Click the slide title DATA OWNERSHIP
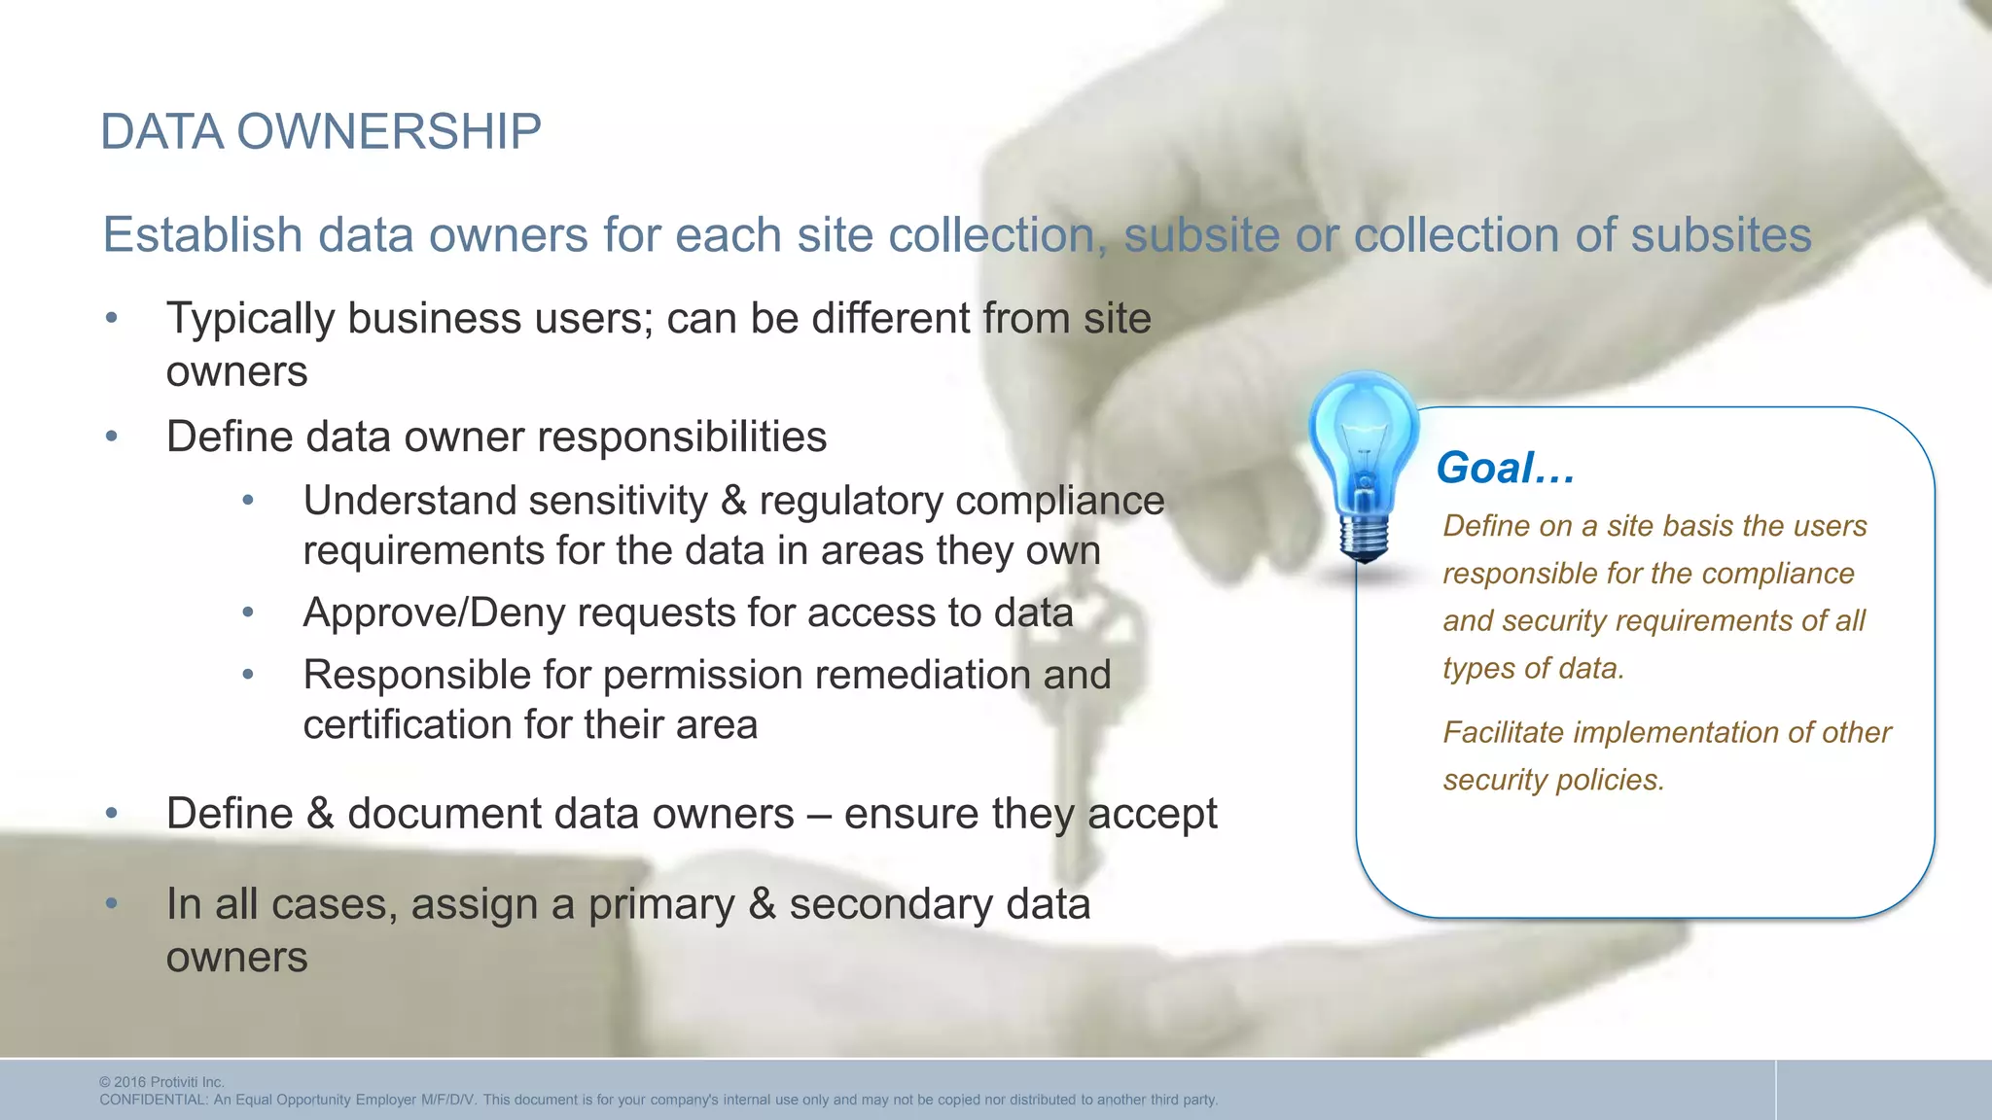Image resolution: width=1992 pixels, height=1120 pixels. coord(321,132)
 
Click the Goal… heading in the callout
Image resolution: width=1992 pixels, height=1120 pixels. coord(1505,468)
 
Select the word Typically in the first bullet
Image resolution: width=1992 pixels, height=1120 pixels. coord(250,319)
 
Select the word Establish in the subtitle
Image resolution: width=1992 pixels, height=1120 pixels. coord(203,235)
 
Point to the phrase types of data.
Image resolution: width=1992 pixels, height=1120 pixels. coord(1533,669)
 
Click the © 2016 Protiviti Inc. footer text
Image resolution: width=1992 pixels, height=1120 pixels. coord(161,1082)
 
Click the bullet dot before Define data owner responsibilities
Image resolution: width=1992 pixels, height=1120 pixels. coord(112,437)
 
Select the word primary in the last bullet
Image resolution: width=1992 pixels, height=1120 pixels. coord(661,904)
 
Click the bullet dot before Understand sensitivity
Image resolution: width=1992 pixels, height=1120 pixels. coord(248,501)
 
